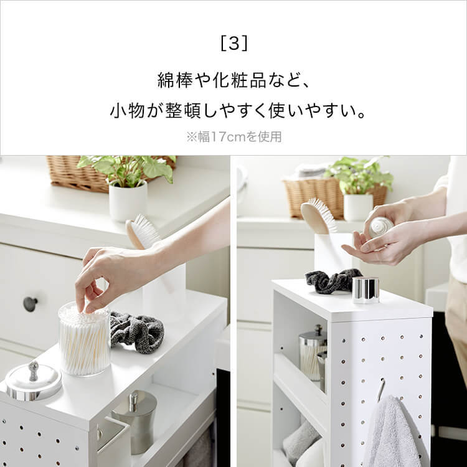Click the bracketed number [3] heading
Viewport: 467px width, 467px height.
(233, 44)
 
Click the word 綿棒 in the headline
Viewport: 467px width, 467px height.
(175, 80)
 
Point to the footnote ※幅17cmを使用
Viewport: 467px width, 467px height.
(233, 137)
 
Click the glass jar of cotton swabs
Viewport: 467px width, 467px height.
(84, 339)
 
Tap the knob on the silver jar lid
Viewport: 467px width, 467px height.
(34, 370)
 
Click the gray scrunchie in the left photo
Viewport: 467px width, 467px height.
(137, 331)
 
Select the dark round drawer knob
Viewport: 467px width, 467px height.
(30, 304)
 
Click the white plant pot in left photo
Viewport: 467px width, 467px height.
(128, 201)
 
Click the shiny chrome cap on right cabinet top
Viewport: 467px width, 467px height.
(366, 290)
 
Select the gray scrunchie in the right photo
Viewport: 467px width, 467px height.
(332, 281)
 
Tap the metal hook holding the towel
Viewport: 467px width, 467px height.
(381, 389)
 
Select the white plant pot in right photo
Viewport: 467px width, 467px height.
(358, 207)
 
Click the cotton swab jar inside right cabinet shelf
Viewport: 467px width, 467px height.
(312, 354)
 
